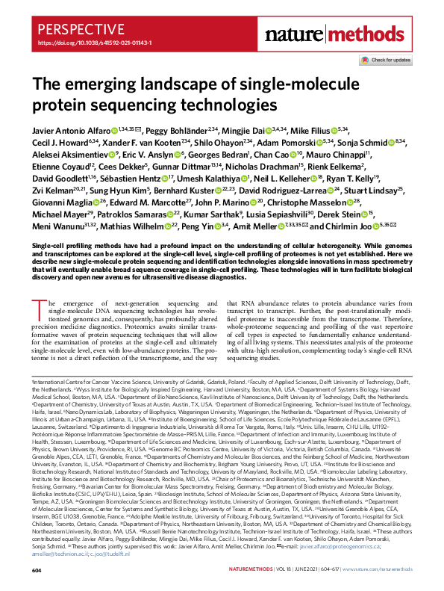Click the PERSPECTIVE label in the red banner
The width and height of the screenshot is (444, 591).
[x=73, y=31]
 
